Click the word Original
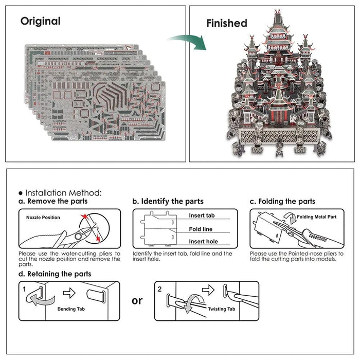40,22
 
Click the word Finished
226,23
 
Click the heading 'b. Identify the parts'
168,201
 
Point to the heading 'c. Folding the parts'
282,201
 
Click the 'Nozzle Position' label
43,218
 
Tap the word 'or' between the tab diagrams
137,300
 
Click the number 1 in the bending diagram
24,289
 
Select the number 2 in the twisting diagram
159,289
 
